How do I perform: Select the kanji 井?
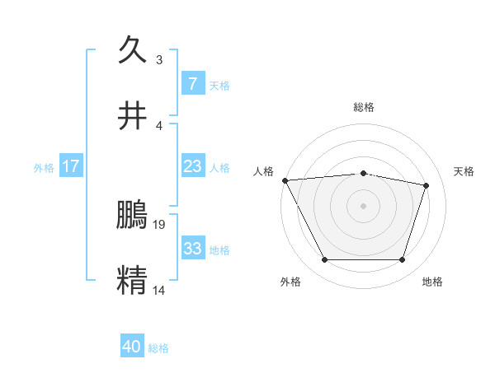click(x=133, y=116)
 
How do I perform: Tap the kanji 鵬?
click(x=133, y=215)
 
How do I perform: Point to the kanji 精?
click(x=133, y=280)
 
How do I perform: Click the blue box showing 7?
click(x=192, y=83)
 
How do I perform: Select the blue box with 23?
click(x=192, y=166)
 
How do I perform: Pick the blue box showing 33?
click(x=192, y=249)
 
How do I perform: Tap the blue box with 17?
click(x=71, y=166)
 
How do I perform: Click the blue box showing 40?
click(x=132, y=347)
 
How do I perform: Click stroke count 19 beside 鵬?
click(x=160, y=223)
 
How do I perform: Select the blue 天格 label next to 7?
click(x=219, y=85)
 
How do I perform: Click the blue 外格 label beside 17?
click(x=44, y=167)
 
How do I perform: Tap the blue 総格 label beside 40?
click(x=158, y=348)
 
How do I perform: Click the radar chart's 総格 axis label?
click(x=364, y=107)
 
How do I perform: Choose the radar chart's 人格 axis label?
click(x=263, y=171)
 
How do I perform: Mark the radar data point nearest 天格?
click(x=427, y=185)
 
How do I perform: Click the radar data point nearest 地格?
click(x=402, y=260)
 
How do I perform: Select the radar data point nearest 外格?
click(x=324, y=260)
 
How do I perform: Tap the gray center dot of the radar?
click(x=363, y=206)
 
